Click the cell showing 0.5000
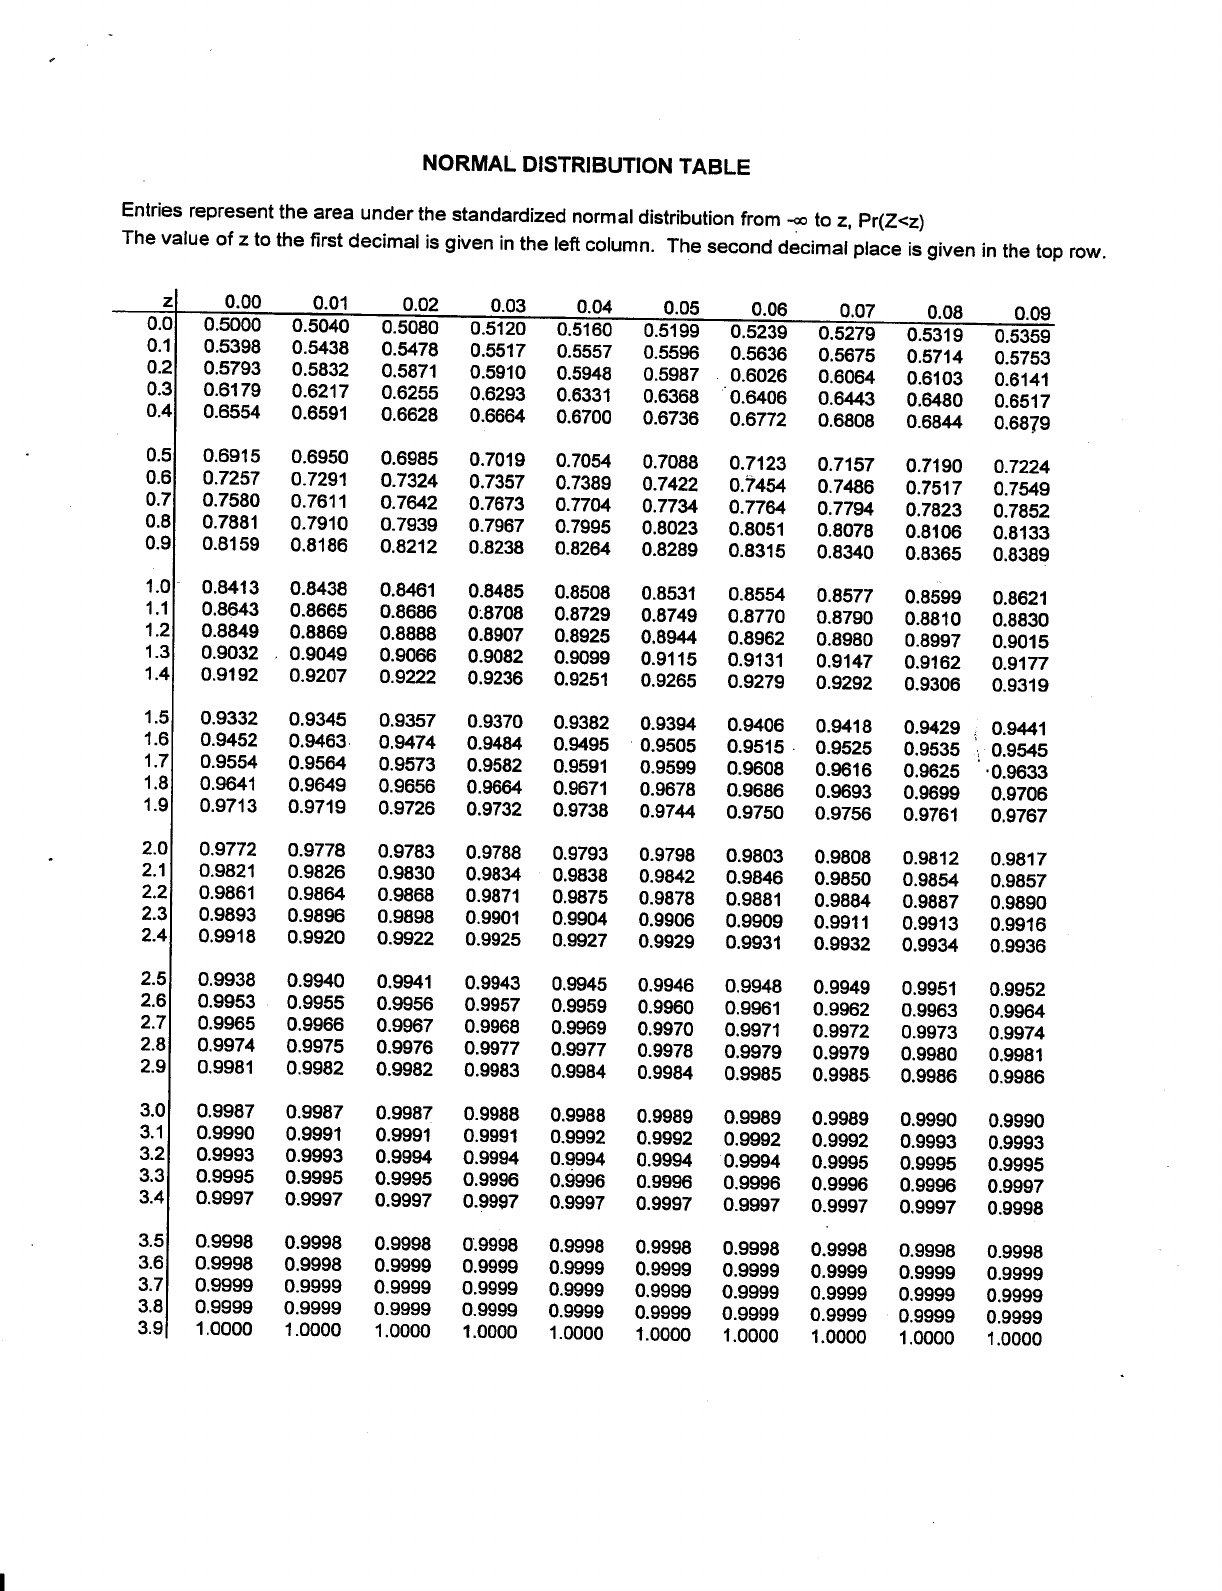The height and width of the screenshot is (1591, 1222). click(x=231, y=324)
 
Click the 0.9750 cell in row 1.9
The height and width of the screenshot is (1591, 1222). click(x=756, y=812)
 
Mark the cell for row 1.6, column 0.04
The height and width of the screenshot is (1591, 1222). click(x=581, y=744)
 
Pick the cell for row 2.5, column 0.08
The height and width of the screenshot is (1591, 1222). click(x=930, y=988)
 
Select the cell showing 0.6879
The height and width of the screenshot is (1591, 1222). click(x=1022, y=422)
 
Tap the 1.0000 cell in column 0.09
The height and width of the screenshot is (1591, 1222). click(x=1014, y=1339)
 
